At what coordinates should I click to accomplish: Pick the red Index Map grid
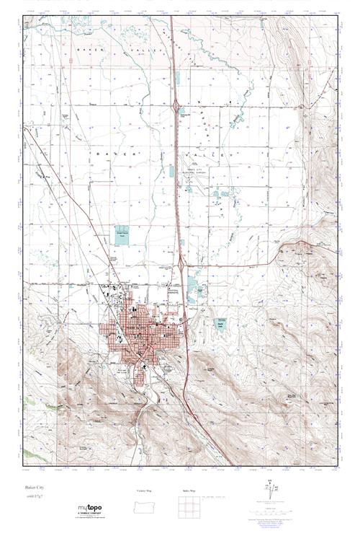click(189, 507)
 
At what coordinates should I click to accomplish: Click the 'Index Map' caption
click(189, 491)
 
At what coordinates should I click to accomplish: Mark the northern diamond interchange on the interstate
click(177, 105)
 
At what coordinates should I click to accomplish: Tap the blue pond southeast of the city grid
click(222, 304)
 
